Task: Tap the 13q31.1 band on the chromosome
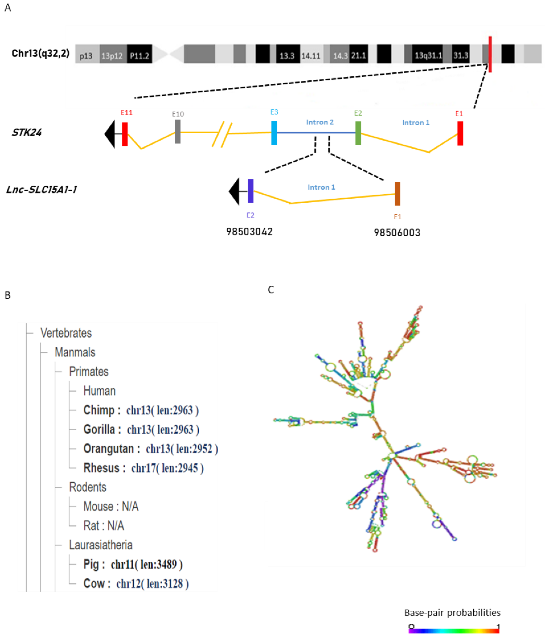tap(428, 55)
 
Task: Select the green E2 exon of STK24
tap(358, 133)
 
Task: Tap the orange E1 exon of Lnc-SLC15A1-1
tap(397, 193)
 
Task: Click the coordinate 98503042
tap(249, 231)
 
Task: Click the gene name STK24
tap(27, 132)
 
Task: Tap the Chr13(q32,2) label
tap(40, 53)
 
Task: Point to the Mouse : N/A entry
tap(111, 506)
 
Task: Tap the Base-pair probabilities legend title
tap(452, 612)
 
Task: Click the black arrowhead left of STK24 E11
tap(110, 134)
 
